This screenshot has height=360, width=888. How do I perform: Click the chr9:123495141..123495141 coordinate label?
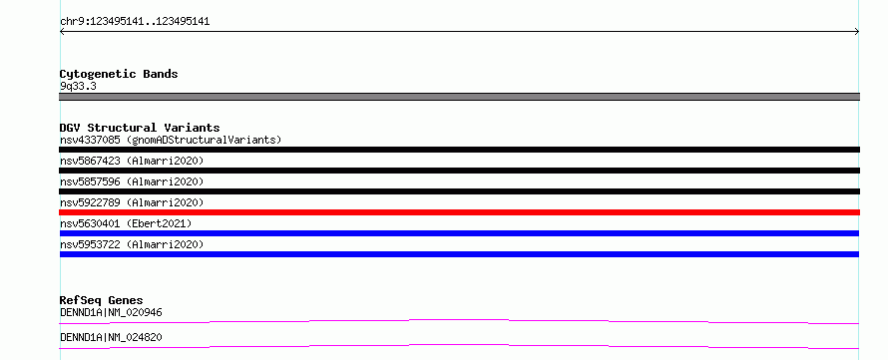tap(135, 22)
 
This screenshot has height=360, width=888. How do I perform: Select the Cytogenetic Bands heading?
tap(119, 74)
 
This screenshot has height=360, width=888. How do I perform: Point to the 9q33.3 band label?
tap(78, 87)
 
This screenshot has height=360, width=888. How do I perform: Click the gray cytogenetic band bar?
tap(459, 97)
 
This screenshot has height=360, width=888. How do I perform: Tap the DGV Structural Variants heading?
tap(140, 128)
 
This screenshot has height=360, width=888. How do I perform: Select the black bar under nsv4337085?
tap(459, 150)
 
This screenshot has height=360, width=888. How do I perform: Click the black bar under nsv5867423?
tap(459, 171)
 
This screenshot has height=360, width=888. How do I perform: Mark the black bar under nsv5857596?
tap(459, 191)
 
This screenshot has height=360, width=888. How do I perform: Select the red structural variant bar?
tap(459, 212)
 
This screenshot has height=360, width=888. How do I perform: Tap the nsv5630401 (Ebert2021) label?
tap(126, 223)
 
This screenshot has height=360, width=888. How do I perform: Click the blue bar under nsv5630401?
tap(459, 233)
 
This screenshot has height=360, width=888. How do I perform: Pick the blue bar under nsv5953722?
tap(459, 254)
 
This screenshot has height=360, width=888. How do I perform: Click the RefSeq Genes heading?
tap(102, 300)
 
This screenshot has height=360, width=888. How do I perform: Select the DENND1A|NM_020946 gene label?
tap(112, 312)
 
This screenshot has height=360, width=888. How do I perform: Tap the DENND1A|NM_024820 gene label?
tap(111, 337)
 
